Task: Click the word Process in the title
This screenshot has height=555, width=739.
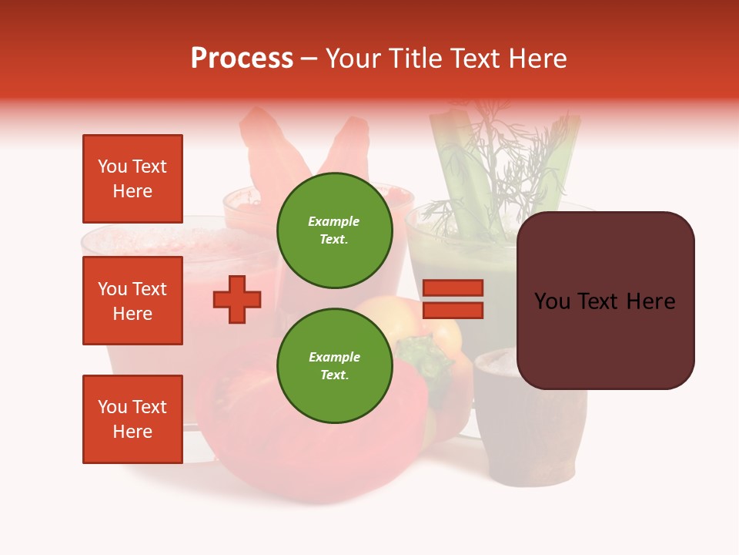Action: (242, 59)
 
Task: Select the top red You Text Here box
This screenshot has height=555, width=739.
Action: (132, 179)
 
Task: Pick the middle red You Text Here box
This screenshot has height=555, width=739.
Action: (132, 301)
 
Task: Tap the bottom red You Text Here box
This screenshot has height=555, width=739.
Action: (132, 419)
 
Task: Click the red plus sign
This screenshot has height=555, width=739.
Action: (237, 299)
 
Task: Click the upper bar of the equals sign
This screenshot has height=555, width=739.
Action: (453, 288)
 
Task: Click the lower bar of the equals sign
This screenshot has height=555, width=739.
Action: (453, 311)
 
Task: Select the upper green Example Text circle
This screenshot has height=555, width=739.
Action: (335, 230)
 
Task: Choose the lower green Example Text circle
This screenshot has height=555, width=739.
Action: (335, 365)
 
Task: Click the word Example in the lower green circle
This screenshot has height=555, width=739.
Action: (335, 357)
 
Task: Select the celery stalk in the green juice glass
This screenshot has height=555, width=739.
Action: (454, 170)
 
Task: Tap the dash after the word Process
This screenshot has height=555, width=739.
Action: (309, 59)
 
